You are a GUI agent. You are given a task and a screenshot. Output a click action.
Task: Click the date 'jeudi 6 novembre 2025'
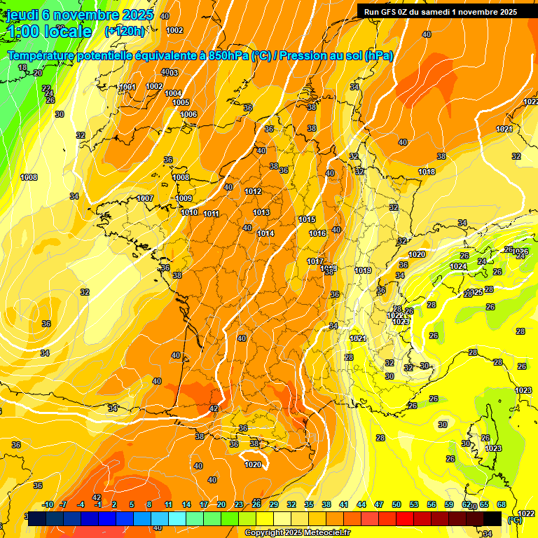point(73,15)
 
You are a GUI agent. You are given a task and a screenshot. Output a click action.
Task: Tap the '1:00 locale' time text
point(49,32)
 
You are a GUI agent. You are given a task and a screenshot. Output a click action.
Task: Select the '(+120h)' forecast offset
point(124,32)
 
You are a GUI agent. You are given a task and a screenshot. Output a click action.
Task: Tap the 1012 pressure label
point(253,191)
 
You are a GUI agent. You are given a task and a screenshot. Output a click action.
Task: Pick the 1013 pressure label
point(261,212)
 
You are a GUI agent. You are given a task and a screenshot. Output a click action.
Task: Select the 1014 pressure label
point(265,233)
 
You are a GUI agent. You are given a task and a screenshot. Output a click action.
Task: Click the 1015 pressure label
point(307,219)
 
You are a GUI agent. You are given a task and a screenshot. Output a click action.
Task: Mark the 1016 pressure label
point(317,233)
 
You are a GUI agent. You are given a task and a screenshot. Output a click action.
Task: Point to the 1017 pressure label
point(315,261)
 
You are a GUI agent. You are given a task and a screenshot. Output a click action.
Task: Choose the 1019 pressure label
point(362,270)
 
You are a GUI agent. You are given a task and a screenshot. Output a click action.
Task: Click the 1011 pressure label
point(211,214)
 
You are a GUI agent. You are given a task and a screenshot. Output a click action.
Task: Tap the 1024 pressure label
point(457,266)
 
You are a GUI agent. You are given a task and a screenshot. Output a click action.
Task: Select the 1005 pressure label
point(181,102)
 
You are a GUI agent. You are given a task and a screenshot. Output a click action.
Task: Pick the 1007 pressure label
point(145,198)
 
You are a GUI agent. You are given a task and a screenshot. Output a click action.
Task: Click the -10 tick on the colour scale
point(48,504)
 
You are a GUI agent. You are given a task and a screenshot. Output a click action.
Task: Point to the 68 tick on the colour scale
point(502,504)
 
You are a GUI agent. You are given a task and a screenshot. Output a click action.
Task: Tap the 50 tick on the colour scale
point(396,504)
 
